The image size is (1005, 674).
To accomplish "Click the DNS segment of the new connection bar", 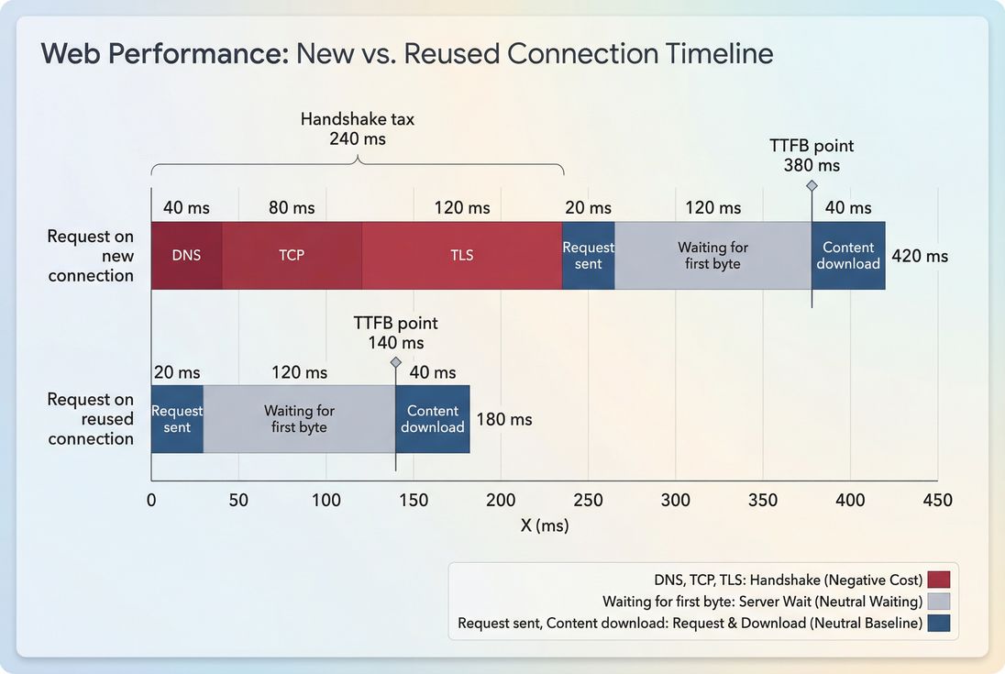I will (x=186, y=255).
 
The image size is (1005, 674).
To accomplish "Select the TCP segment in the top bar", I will (x=292, y=255).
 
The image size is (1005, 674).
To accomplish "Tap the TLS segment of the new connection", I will (x=462, y=255).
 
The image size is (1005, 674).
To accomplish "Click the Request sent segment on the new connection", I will (x=588, y=255).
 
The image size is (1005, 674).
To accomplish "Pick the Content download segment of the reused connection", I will (x=433, y=419).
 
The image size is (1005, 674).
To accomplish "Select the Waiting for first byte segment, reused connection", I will (x=299, y=419).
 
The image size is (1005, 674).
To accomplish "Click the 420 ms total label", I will (x=920, y=256).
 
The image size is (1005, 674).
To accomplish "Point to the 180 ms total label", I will (x=504, y=419).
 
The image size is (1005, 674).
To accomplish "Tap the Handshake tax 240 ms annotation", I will (x=358, y=129).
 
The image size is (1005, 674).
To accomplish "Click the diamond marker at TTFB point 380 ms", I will (x=812, y=185).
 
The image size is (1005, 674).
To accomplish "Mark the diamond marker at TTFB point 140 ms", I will (x=396, y=362).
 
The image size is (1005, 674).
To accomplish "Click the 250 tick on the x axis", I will (x=588, y=501).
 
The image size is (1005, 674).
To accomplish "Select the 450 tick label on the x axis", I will (x=937, y=501).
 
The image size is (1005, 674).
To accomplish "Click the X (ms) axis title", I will (x=545, y=525).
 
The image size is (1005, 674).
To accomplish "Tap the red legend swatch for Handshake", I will (x=938, y=580).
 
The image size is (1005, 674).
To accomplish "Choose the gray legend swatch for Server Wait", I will (x=938, y=602).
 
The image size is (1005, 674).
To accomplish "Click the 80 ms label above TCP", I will (x=292, y=208).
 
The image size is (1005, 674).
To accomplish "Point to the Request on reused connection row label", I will (x=90, y=419).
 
